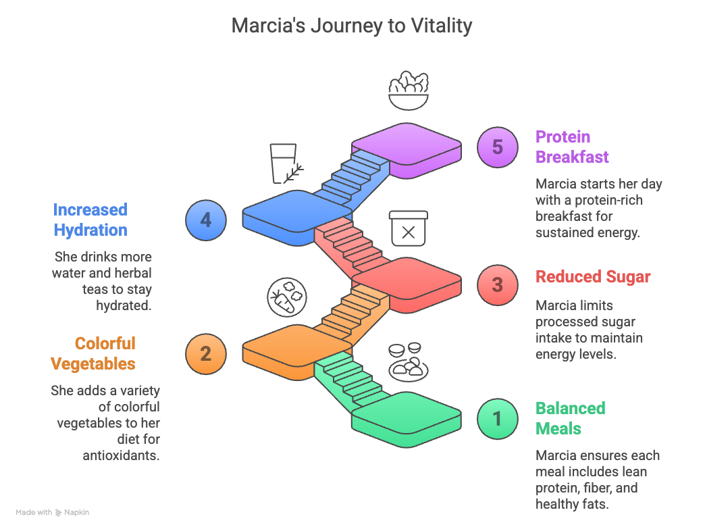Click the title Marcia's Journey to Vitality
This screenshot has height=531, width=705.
(352, 26)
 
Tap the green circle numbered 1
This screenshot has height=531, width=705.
(497, 419)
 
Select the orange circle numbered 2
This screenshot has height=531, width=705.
(206, 353)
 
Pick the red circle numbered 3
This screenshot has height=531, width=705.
(497, 284)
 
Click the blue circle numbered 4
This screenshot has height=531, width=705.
(206, 220)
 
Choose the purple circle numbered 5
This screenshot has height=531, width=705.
(497, 147)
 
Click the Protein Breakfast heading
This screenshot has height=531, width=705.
(572, 147)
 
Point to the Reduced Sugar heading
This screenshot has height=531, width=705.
(593, 277)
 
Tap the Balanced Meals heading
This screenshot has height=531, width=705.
(570, 418)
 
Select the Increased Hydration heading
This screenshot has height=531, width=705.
(90, 220)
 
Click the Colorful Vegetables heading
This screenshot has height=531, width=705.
(93, 353)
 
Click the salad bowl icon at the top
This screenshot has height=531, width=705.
(409, 90)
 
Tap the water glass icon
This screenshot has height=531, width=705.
(284, 163)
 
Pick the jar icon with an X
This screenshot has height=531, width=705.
(408, 229)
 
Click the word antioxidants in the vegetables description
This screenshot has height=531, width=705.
(121, 455)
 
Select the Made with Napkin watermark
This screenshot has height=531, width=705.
(53, 513)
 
